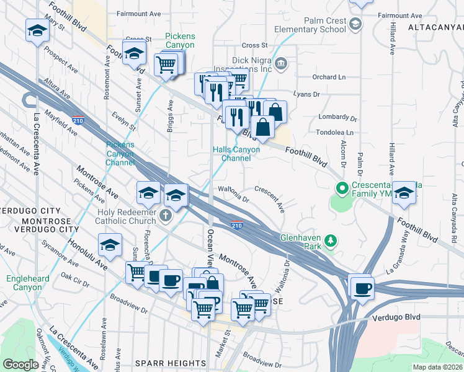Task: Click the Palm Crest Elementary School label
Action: [316, 25]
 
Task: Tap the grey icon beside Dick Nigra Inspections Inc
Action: [281, 63]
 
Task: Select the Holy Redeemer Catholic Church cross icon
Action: [165, 215]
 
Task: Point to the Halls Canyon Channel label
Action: [231, 154]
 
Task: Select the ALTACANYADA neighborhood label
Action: [435, 28]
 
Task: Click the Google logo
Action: [20, 364]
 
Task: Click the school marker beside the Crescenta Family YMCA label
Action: [404, 193]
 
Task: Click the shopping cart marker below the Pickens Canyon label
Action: [166, 63]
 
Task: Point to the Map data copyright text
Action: [437, 367]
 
